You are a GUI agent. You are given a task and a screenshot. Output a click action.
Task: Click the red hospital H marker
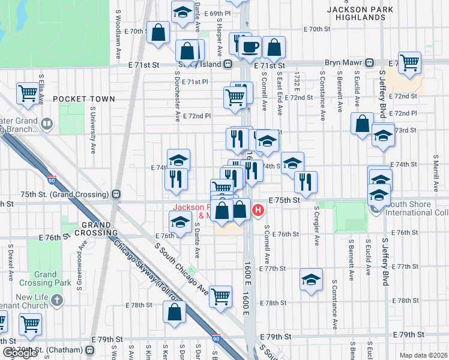pos(258,209)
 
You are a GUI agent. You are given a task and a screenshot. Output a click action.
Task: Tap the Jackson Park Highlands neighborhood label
pos(360,13)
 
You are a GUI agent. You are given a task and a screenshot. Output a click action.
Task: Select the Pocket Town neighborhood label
pos(83,98)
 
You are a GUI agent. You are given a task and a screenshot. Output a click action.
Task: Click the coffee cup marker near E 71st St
pos(250,46)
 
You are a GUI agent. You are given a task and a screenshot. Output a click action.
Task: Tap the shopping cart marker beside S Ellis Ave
pos(28,93)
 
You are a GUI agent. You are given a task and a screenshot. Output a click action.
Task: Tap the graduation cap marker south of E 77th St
pos(310,280)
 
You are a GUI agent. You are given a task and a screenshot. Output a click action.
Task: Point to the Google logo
pos(20,353)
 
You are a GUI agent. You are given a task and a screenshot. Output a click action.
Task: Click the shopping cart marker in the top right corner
pos(409,62)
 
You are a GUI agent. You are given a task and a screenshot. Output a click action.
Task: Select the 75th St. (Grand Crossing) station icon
pos(115,194)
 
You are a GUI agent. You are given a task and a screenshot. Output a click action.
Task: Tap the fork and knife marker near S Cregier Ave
pos(306,181)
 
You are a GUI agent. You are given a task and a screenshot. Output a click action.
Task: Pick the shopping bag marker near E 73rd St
pos(363,124)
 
